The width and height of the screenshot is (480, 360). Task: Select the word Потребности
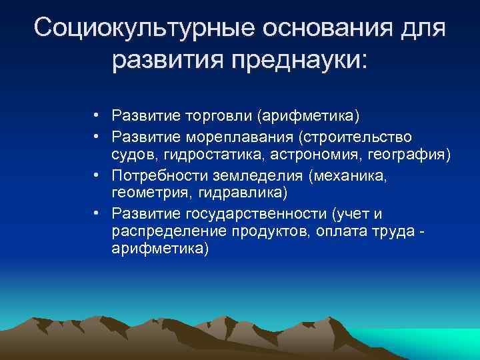tap(155, 175)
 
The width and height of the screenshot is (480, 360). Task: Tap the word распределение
tap(165, 231)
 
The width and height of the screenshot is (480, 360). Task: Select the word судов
tap(131, 155)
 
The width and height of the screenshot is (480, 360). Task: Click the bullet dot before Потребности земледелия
tap(97, 175)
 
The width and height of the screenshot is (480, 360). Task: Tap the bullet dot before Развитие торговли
tap(97, 117)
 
